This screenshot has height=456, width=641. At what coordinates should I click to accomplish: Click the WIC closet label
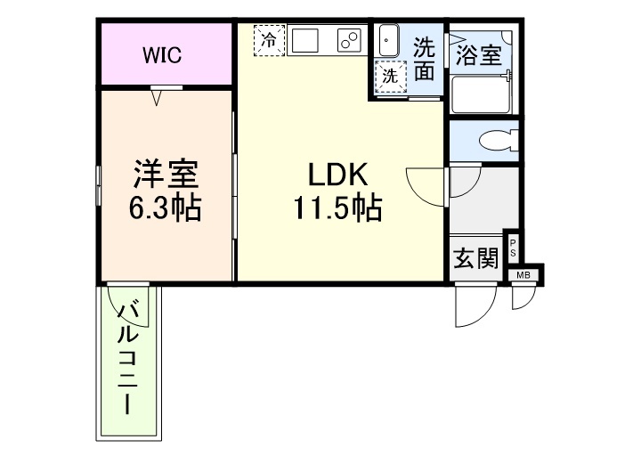pos(163,55)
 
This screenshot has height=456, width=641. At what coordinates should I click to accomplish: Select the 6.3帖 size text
pos(165,208)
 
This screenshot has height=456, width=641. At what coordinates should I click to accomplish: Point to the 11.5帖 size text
pos(337,209)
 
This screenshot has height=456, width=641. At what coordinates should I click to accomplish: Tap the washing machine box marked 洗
pos(390,77)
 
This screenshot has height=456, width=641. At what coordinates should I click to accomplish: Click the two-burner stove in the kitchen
pos(348,40)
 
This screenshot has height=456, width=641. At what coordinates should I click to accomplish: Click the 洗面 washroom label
pos(424,60)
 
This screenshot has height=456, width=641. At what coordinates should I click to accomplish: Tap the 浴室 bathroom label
pos(478,56)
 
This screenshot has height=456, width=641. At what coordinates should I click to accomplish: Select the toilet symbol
pos(493,141)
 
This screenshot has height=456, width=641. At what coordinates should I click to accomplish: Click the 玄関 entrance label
pos(475,259)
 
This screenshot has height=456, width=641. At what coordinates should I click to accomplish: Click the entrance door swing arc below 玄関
pos(469,307)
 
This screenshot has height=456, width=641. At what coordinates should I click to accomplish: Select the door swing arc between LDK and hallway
pos(426,184)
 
